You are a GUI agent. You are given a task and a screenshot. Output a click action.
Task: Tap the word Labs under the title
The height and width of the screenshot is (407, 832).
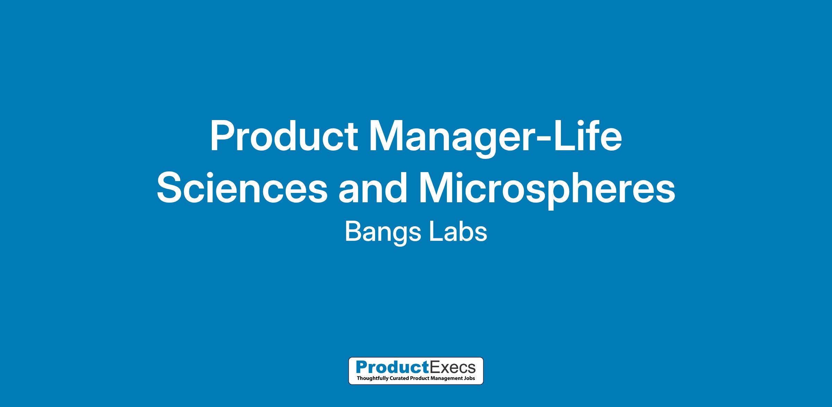(x=458, y=231)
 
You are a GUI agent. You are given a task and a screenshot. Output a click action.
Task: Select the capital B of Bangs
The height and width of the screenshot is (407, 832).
(x=353, y=231)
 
